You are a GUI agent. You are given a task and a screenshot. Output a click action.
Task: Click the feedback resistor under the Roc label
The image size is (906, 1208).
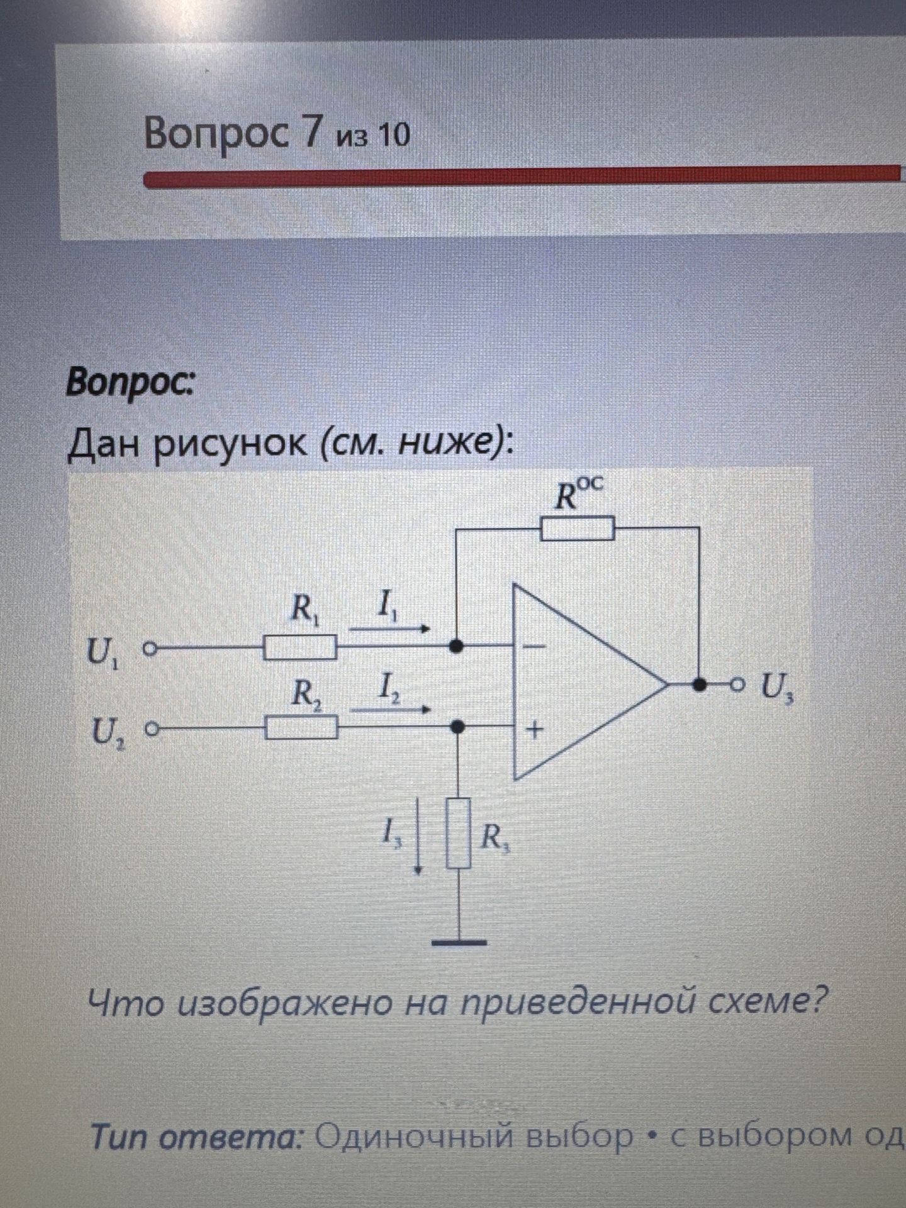coord(578,528)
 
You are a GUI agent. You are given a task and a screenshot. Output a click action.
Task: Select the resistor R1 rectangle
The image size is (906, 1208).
coord(299,647)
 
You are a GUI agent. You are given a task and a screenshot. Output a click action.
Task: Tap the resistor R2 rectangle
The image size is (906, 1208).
coord(301,728)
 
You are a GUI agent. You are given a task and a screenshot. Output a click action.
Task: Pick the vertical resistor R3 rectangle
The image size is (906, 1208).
coord(459,833)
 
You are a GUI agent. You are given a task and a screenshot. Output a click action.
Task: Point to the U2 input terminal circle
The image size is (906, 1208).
coord(151,729)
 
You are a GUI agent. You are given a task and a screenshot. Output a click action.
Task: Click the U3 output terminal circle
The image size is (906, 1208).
coord(737,684)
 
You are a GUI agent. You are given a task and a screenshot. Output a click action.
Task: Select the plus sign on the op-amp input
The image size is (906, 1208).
coord(535,730)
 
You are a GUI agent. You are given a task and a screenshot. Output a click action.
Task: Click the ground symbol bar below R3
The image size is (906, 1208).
coord(459,942)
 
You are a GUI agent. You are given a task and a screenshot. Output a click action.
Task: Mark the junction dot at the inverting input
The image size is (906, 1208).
coord(457,646)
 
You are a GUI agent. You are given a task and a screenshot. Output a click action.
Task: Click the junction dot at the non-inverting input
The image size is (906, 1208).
coord(459,727)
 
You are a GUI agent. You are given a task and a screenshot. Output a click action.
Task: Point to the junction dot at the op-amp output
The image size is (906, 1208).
coord(698,684)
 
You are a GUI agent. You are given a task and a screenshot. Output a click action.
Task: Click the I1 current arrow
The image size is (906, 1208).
coord(390,629)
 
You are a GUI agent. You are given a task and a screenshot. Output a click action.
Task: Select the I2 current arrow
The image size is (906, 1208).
coord(390,709)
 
